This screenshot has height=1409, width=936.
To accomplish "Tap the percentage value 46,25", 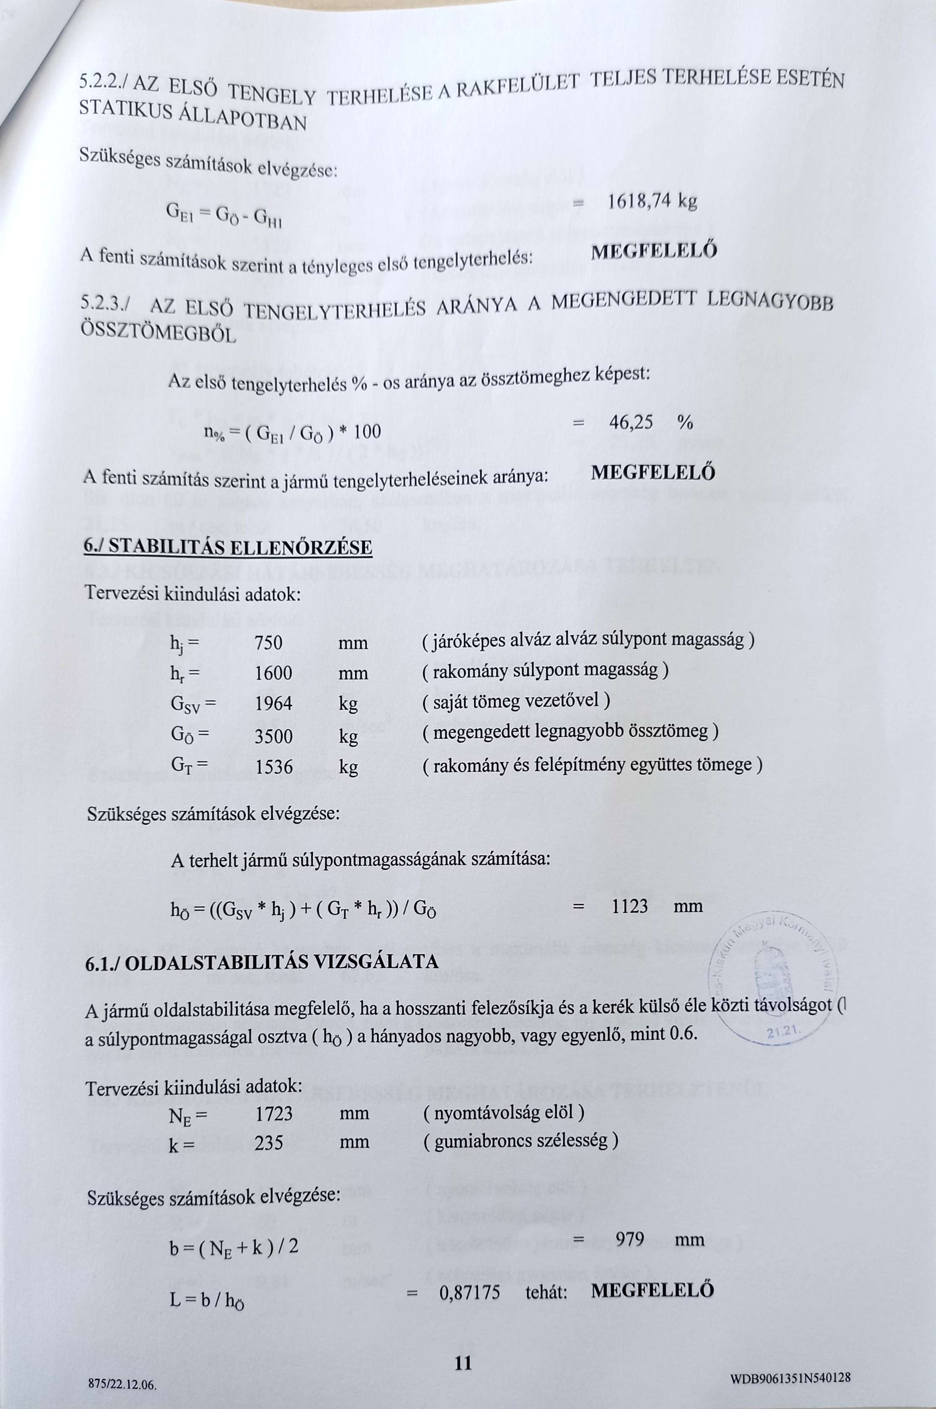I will point(631,423).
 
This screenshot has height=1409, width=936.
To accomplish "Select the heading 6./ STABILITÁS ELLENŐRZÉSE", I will point(229,547).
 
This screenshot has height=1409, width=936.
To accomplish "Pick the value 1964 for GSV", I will point(273,704).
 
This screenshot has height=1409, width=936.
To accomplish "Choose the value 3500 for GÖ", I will point(273,736).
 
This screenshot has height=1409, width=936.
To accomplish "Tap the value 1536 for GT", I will point(273,767).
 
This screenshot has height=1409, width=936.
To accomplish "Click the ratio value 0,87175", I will point(470,1292).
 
